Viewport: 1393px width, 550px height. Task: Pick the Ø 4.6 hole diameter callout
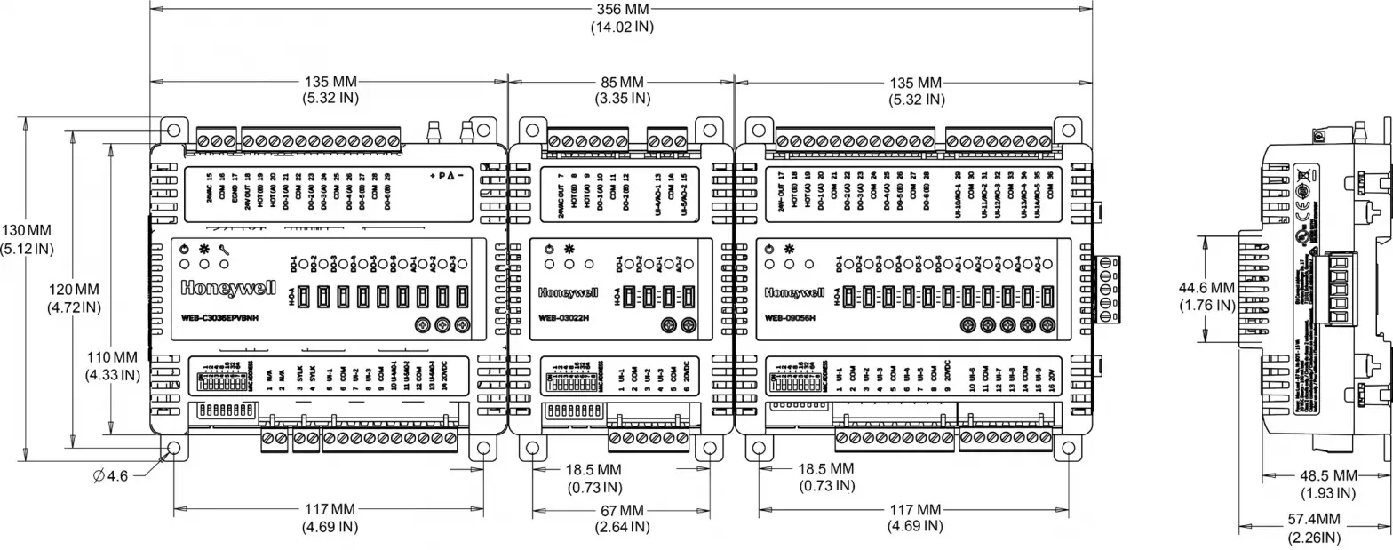click(111, 476)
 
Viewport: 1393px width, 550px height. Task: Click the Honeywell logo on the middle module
click(569, 291)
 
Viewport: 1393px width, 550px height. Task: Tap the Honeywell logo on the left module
click(222, 288)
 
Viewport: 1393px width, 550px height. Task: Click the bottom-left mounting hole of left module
click(173, 448)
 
